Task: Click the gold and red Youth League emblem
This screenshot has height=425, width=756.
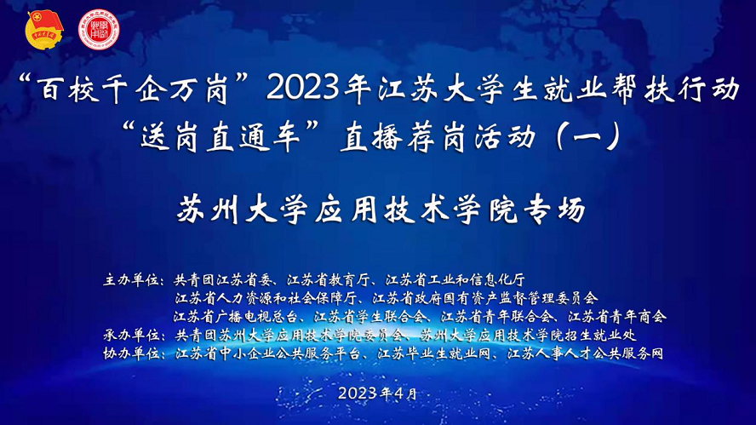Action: (44, 30)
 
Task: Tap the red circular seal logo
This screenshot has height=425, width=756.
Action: (99, 30)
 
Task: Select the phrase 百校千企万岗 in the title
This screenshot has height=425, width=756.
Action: (135, 89)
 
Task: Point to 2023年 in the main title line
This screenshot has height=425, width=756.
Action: (318, 89)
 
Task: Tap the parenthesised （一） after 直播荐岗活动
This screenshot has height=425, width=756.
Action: (587, 137)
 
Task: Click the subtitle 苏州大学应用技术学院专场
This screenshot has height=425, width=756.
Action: (381, 210)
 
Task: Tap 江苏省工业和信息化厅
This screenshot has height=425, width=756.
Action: (455, 280)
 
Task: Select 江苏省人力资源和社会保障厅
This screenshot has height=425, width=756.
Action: (266, 298)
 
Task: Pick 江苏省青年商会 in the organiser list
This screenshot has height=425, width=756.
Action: (617, 317)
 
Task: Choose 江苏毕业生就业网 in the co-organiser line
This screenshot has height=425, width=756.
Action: (434, 353)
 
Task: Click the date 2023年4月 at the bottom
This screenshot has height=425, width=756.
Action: (377, 393)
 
